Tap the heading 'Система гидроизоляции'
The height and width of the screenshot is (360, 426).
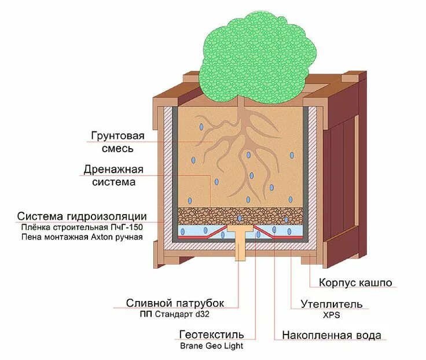coord(86,216)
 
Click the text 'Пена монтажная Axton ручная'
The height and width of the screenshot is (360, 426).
coord(82,236)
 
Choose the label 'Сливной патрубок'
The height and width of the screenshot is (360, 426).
coord(175,303)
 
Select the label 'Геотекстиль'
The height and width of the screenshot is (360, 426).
coord(211,335)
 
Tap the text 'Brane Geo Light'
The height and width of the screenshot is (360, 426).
coord(211,346)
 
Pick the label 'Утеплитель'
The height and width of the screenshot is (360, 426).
coord(332,304)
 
